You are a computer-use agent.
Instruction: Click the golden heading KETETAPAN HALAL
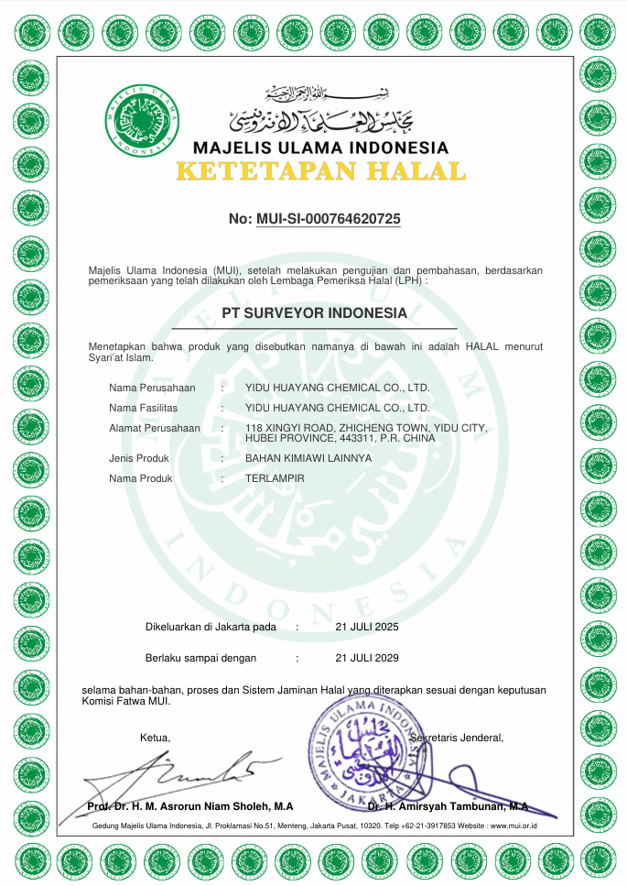[320, 171]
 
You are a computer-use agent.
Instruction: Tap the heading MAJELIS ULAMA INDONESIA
[320, 148]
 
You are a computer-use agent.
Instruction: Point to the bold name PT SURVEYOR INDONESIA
[314, 313]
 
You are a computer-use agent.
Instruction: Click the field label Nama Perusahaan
[152, 388]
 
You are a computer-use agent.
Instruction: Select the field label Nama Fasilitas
[143, 408]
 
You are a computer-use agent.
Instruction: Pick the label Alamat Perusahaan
[154, 428]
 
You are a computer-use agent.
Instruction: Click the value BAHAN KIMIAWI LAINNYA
[308, 458]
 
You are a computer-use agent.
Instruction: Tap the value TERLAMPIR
[275, 479]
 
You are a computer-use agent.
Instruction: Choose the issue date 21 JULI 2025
[367, 628]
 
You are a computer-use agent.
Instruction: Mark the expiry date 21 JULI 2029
[367, 658]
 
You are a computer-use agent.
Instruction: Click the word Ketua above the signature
[155, 738]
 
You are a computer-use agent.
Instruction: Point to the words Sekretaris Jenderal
[458, 738]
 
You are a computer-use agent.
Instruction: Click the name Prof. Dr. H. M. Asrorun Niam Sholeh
[190, 806]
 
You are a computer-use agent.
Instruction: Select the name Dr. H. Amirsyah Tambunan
[448, 806]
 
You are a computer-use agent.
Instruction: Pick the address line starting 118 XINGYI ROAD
[366, 428]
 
